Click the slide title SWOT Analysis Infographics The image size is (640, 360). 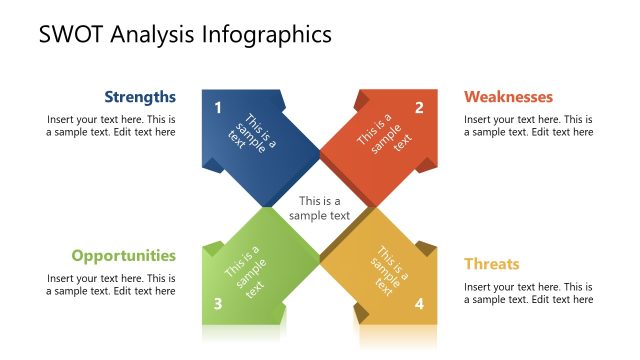click(185, 35)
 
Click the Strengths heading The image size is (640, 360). click(140, 97)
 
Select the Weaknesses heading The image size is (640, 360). click(508, 97)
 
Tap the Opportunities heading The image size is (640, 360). click(123, 255)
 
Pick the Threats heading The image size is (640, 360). click(491, 264)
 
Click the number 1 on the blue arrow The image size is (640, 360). click(218, 107)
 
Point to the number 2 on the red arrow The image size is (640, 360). click(419, 107)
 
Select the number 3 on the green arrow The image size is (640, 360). click(218, 304)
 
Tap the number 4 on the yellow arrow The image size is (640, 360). click(419, 304)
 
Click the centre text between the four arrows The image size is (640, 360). click(319, 208)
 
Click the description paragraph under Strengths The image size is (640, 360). click(111, 125)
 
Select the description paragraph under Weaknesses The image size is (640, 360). click(528, 125)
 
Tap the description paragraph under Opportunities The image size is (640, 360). click(111, 284)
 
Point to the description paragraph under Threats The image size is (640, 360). click(528, 293)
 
